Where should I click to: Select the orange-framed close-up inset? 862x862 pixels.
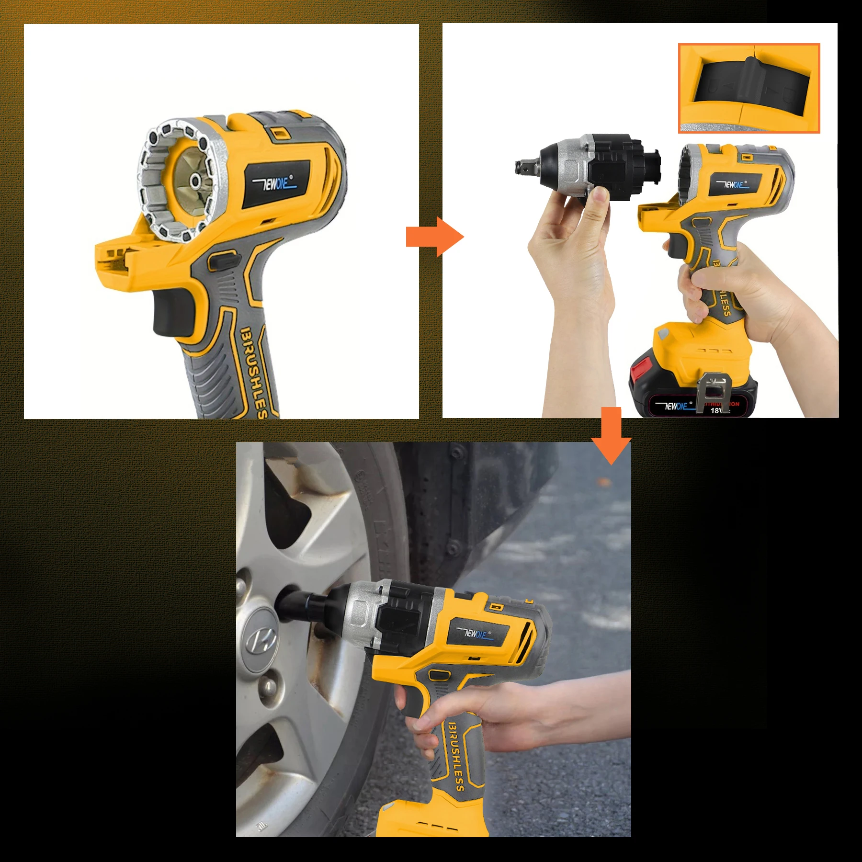coord(749,88)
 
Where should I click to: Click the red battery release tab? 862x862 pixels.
coord(639,372)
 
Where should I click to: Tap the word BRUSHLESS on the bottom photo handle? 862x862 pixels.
coord(456,757)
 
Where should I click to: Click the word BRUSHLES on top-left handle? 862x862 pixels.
coord(253,372)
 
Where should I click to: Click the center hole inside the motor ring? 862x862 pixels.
coord(195,181)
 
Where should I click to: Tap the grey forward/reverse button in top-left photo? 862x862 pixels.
coord(223,261)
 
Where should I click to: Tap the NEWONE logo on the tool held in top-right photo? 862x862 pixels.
coord(733,184)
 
